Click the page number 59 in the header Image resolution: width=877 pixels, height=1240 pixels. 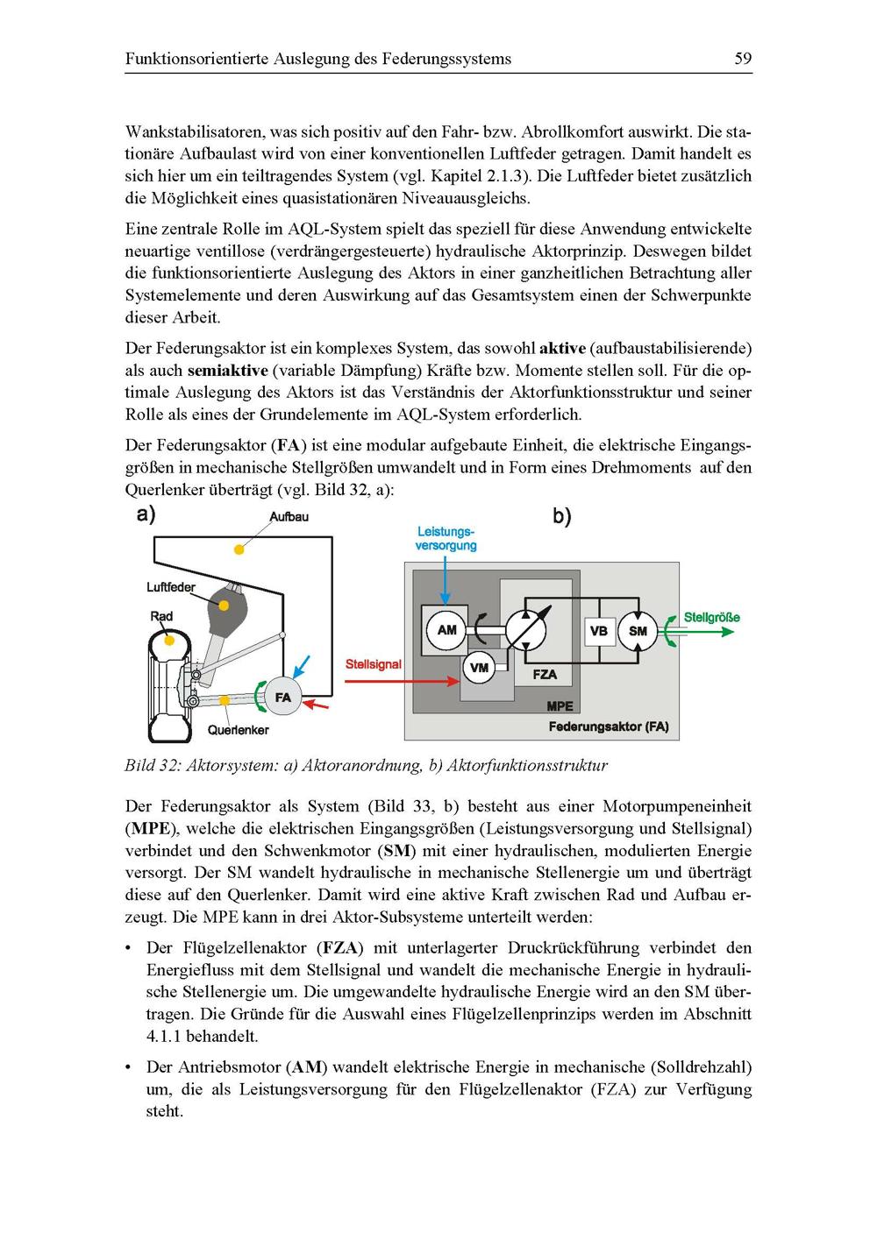pos(743,59)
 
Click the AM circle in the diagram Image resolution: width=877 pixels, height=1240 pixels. pos(446,630)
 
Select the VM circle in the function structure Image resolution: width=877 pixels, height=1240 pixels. pos(479,668)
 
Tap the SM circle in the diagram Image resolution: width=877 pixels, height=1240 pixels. pos(638,631)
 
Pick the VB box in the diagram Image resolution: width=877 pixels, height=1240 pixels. pos(599,631)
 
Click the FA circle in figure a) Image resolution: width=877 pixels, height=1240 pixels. pos(282,698)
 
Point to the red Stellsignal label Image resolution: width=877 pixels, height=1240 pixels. pos(373,664)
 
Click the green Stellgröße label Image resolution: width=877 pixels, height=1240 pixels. pos(711,617)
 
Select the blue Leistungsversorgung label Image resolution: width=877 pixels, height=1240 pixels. pos(446,538)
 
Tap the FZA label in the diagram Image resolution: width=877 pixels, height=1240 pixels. pos(545,675)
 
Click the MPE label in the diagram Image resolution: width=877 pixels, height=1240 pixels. pos(560,705)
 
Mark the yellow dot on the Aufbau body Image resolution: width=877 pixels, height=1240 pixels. pos(237,549)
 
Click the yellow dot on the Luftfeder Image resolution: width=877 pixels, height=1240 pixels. pos(225,605)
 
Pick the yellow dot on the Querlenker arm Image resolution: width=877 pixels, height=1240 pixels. pos(225,699)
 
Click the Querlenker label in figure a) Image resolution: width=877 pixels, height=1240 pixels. pos(238,730)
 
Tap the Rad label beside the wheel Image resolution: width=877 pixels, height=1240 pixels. pos(161,616)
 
